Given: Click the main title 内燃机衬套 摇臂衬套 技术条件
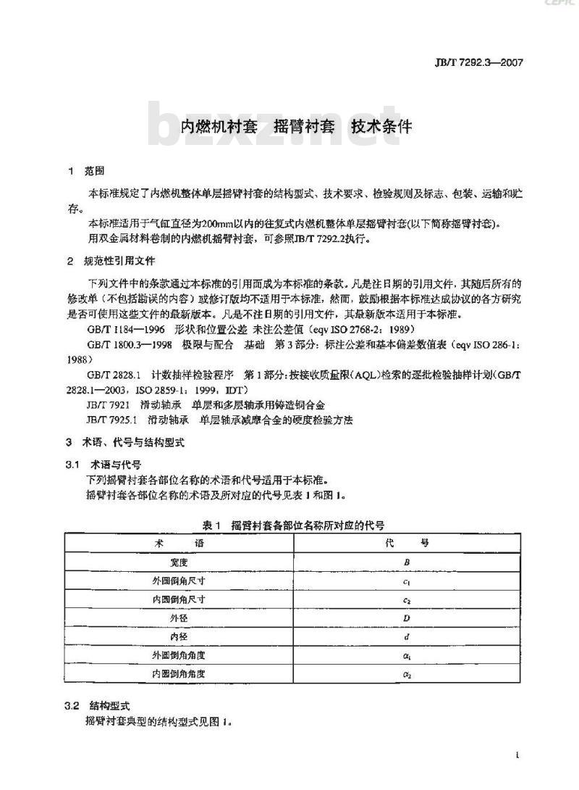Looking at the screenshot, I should coord(295,126).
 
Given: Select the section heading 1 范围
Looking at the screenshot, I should coord(86,172).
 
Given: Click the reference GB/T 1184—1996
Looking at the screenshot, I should coord(122,329).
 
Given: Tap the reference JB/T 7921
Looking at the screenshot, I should coord(107,404).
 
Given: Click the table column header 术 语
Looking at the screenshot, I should coord(179,543).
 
